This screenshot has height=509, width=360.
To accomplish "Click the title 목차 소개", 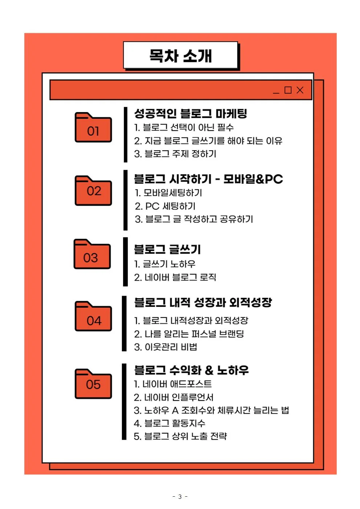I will click(180, 56).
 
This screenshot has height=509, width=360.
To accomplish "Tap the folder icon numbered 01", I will click(93, 128).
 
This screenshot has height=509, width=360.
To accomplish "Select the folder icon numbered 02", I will click(93, 191).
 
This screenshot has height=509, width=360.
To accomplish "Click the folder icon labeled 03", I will click(92, 255).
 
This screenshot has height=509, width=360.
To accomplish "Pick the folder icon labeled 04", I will click(93, 317).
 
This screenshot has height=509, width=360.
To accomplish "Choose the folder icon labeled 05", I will click(93, 384).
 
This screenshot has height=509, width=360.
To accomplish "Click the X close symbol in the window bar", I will click(300, 90).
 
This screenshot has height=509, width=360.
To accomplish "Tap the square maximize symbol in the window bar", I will click(288, 90).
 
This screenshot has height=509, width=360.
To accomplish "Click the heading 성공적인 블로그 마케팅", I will click(191, 114).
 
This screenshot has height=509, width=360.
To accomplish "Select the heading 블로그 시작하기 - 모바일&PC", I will click(208, 179).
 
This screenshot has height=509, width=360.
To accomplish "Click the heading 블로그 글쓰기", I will click(167, 250).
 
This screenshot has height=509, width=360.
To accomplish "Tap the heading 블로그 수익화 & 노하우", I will click(191, 370).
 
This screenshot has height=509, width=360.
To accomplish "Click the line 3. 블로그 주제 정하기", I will click(175, 154).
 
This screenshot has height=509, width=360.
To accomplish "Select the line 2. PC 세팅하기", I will click(165, 206).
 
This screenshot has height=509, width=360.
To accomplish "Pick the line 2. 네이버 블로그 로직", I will click(175, 278).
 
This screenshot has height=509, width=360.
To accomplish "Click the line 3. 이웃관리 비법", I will click(165, 347).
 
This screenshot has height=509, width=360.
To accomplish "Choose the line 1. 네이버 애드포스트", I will click(173, 384).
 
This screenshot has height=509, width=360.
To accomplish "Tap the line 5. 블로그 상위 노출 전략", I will click(180, 436).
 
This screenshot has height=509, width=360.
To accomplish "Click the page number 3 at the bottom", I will click(180, 497).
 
